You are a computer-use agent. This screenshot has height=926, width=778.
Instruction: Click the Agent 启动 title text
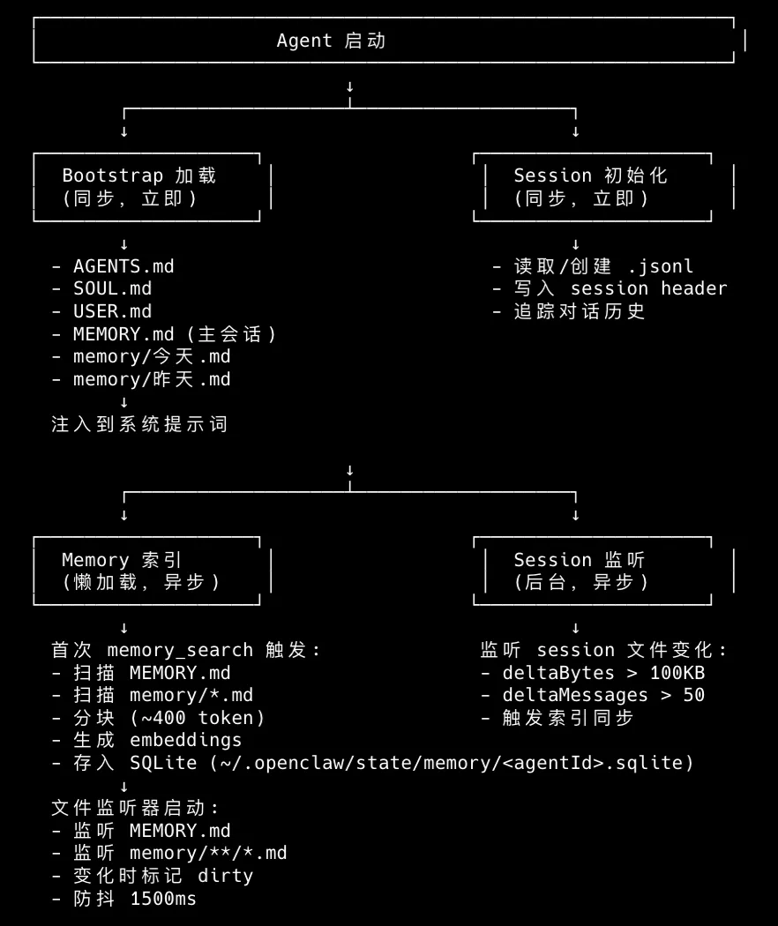[x=331, y=41]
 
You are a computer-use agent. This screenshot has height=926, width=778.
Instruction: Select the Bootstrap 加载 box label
[x=139, y=175]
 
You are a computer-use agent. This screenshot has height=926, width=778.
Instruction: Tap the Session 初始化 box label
[x=590, y=175]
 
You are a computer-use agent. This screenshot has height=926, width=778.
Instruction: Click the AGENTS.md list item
[x=123, y=266]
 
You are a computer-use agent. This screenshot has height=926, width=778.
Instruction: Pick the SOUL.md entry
[x=112, y=288]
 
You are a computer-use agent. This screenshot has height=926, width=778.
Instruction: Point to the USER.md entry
[x=112, y=311]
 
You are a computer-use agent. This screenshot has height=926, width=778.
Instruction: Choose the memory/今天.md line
[x=151, y=356]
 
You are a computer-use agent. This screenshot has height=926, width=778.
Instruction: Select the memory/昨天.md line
[x=151, y=379]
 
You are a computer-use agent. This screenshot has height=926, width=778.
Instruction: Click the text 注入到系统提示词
[x=139, y=424]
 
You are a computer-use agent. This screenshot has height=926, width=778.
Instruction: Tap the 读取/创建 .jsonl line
[x=603, y=266]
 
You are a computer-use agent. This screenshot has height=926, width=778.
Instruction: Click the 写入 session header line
[x=620, y=288]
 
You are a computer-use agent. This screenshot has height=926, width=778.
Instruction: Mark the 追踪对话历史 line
[x=580, y=311]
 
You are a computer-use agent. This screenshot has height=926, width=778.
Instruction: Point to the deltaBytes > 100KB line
[x=603, y=673]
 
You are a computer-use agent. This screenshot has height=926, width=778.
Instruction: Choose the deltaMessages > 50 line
[x=603, y=695]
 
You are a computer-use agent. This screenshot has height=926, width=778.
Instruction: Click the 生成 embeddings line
[x=157, y=740]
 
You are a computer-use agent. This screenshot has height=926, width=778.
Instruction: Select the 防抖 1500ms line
[x=134, y=899]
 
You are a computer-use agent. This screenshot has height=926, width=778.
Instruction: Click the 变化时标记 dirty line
[x=162, y=876]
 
